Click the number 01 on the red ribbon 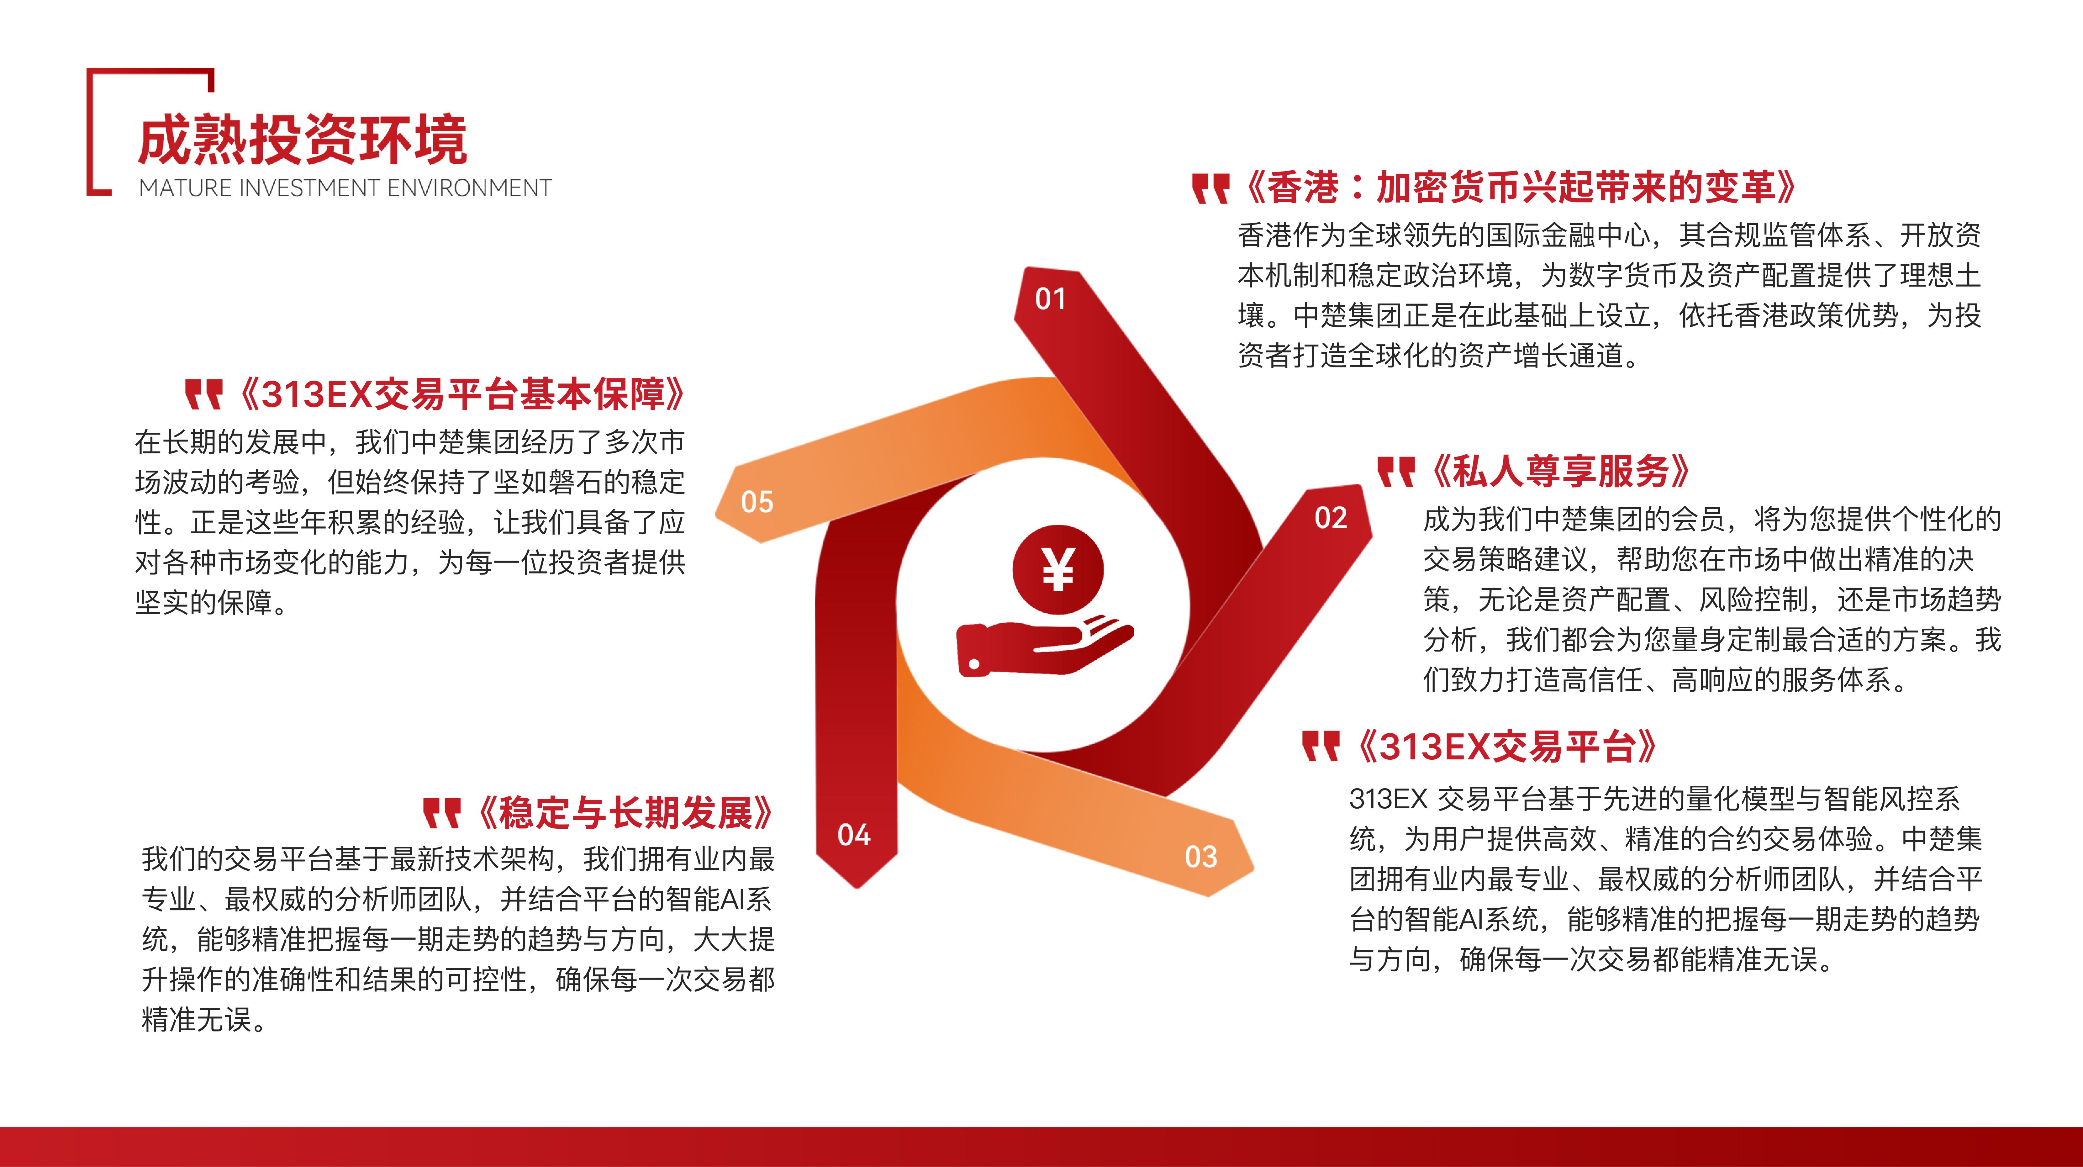point(1050,299)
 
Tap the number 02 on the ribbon point(1331,518)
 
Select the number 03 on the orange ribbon point(1201,857)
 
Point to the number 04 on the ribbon point(854,835)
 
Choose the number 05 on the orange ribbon point(757,502)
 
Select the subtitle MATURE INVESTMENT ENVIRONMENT point(345,188)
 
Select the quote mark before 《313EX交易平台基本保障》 point(203,395)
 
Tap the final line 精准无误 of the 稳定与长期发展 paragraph point(197,1020)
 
